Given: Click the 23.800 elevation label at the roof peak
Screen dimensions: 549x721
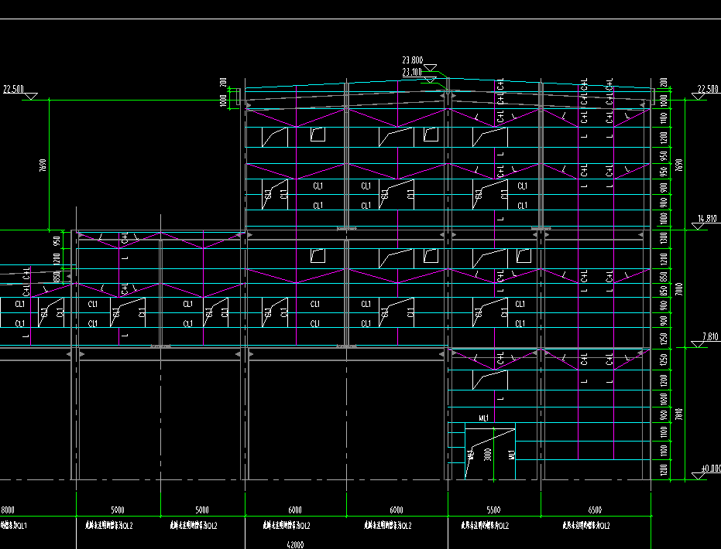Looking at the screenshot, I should [412, 60].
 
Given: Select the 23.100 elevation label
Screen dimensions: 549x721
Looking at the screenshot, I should [412, 72].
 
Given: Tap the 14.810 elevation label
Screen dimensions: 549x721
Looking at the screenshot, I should [709, 219].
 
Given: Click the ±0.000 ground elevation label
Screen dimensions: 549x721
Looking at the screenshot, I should [710, 469].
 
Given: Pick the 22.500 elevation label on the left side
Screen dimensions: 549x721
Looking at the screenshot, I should [13, 89].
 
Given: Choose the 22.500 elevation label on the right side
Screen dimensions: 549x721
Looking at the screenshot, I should [709, 89].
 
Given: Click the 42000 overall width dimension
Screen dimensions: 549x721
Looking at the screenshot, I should [294, 544].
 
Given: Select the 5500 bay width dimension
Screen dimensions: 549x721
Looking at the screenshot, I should [493, 510].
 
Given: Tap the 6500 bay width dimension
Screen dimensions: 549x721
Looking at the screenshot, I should [595, 510].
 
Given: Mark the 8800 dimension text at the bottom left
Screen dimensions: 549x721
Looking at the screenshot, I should [8, 510].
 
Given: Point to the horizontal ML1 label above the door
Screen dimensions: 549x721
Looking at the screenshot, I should [484, 418].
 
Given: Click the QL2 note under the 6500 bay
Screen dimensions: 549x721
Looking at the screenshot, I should [585, 526].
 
